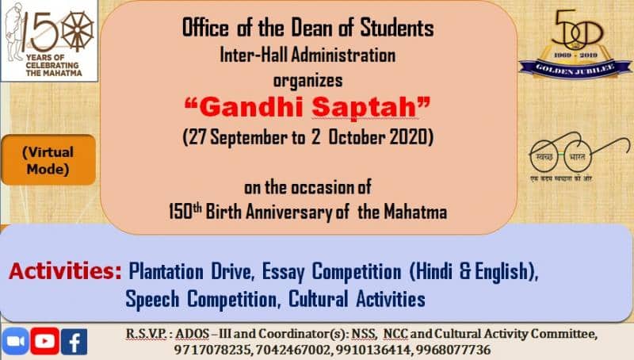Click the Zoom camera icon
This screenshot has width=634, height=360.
coord(15,341)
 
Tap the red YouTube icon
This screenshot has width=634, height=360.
coord(45,341)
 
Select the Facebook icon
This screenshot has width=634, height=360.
coord(74,342)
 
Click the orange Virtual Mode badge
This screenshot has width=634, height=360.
coord(48,160)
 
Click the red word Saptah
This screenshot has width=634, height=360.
coord(364,107)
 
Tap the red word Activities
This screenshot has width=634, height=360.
coord(65,271)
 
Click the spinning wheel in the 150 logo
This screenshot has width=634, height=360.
coord(78,31)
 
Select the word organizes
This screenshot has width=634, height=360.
coord(307,81)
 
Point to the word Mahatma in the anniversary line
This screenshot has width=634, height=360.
coord(415,212)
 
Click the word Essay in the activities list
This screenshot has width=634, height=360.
coord(284,271)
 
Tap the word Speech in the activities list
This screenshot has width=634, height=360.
coord(152,300)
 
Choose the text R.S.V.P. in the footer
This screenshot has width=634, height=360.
coord(146,334)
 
